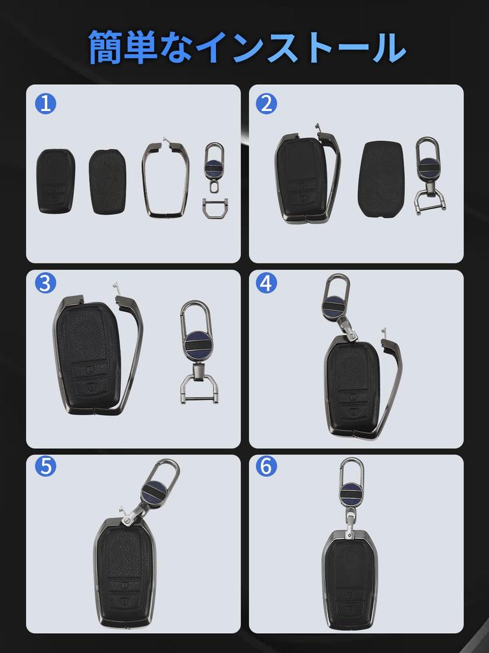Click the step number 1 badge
[x=45, y=103]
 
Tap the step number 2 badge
[x=266, y=103]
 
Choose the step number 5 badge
[x=45, y=467]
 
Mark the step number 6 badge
[x=266, y=467]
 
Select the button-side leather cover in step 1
[x=55, y=181]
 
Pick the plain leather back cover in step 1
[x=108, y=181]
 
